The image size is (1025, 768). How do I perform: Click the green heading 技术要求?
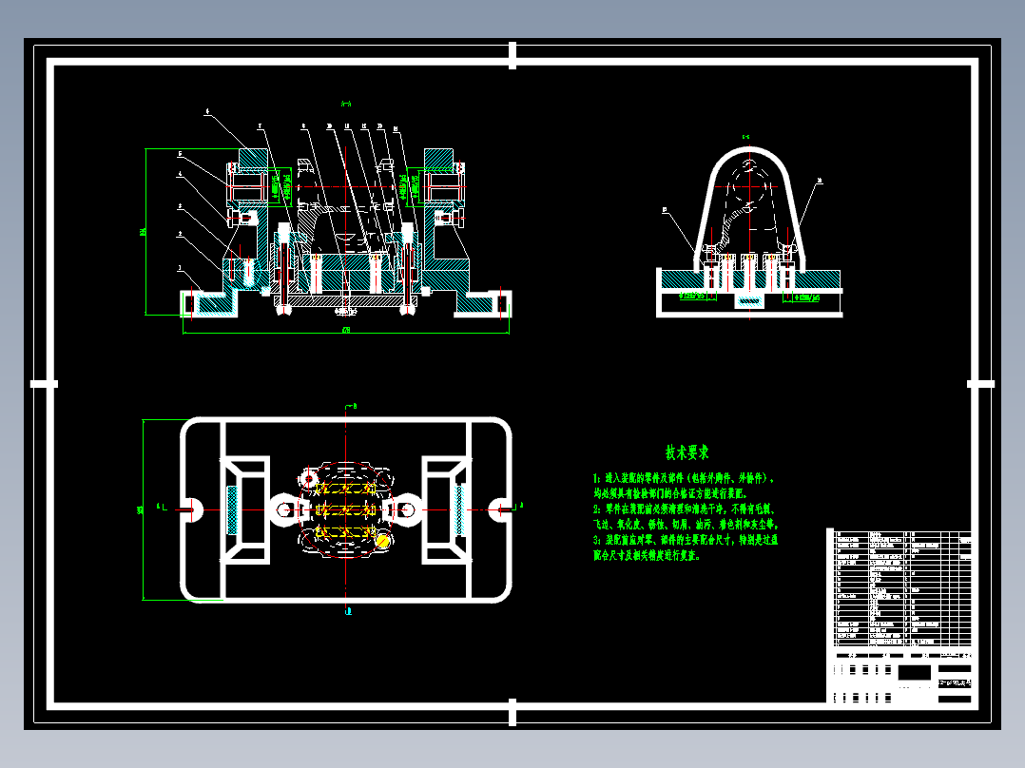click(x=687, y=452)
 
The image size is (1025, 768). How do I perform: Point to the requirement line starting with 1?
click(x=684, y=478)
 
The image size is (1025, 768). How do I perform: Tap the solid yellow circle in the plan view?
click(x=383, y=541)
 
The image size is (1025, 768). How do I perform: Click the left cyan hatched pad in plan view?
click(x=232, y=509)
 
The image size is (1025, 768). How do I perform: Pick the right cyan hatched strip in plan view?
click(x=460, y=509)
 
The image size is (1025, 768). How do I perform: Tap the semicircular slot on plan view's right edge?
click(x=502, y=509)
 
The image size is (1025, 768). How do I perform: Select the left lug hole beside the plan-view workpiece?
click(x=284, y=509)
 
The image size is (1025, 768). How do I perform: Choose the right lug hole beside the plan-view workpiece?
click(x=406, y=509)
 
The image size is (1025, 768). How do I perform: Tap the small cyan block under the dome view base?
click(x=749, y=302)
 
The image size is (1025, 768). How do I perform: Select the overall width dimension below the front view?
click(x=345, y=331)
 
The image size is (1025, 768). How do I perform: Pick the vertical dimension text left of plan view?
click(x=140, y=509)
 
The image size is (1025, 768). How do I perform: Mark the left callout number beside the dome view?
click(x=665, y=210)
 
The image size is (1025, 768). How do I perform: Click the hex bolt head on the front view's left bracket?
click(x=244, y=219)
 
